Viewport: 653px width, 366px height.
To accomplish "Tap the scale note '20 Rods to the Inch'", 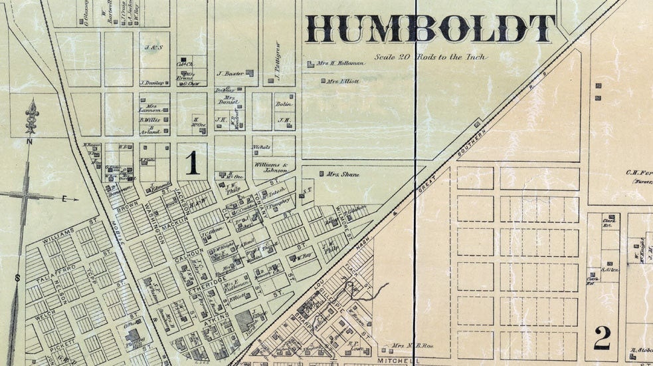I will pyautogui.click(x=430, y=57).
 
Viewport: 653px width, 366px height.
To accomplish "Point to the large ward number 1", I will pyautogui.click(x=193, y=163).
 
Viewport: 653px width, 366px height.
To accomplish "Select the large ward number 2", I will pyautogui.click(x=602, y=338).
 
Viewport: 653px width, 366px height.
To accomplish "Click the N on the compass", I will pyautogui.click(x=29, y=141).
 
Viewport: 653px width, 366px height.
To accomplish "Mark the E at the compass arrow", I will pyautogui.click(x=65, y=198).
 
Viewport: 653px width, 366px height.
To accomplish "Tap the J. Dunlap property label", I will pyautogui.click(x=153, y=83).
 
